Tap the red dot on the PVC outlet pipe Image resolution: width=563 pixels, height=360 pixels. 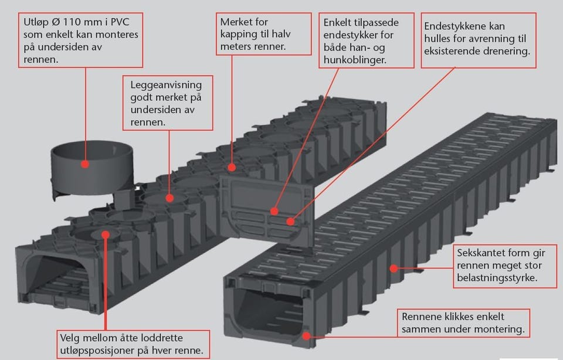[x=85, y=165]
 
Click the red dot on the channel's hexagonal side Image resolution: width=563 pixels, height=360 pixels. [x=394, y=269]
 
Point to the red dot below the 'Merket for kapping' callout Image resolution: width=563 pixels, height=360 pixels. [x=232, y=167]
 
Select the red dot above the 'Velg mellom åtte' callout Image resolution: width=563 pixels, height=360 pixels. [x=106, y=235]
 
